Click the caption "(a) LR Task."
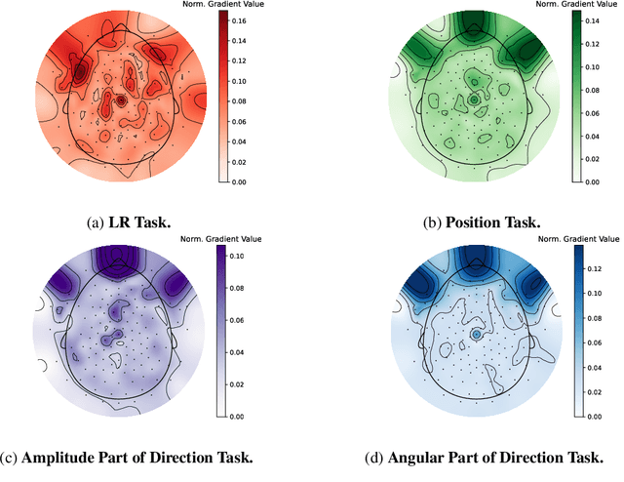128,222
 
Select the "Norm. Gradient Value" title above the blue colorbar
578,237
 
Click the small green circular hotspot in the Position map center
474,100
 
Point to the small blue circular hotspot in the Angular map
477,334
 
